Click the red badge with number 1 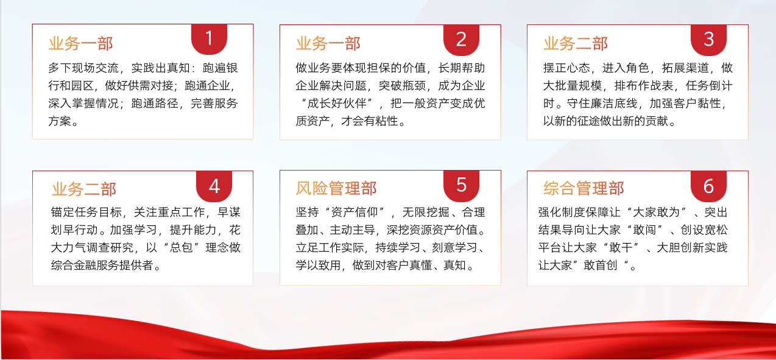[x=210, y=39]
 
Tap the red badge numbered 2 [x=461, y=40]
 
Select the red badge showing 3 [x=708, y=40]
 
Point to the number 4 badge [x=214, y=186]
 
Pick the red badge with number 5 [x=461, y=186]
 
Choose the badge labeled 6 [x=708, y=186]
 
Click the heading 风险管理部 [x=336, y=188]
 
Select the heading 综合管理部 [x=584, y=188]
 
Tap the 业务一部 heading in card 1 [x=81, y=44]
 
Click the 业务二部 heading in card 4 [x=84, y=189]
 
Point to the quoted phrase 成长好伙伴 [x=337, y=104]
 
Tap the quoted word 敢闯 [x=644, y=230]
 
